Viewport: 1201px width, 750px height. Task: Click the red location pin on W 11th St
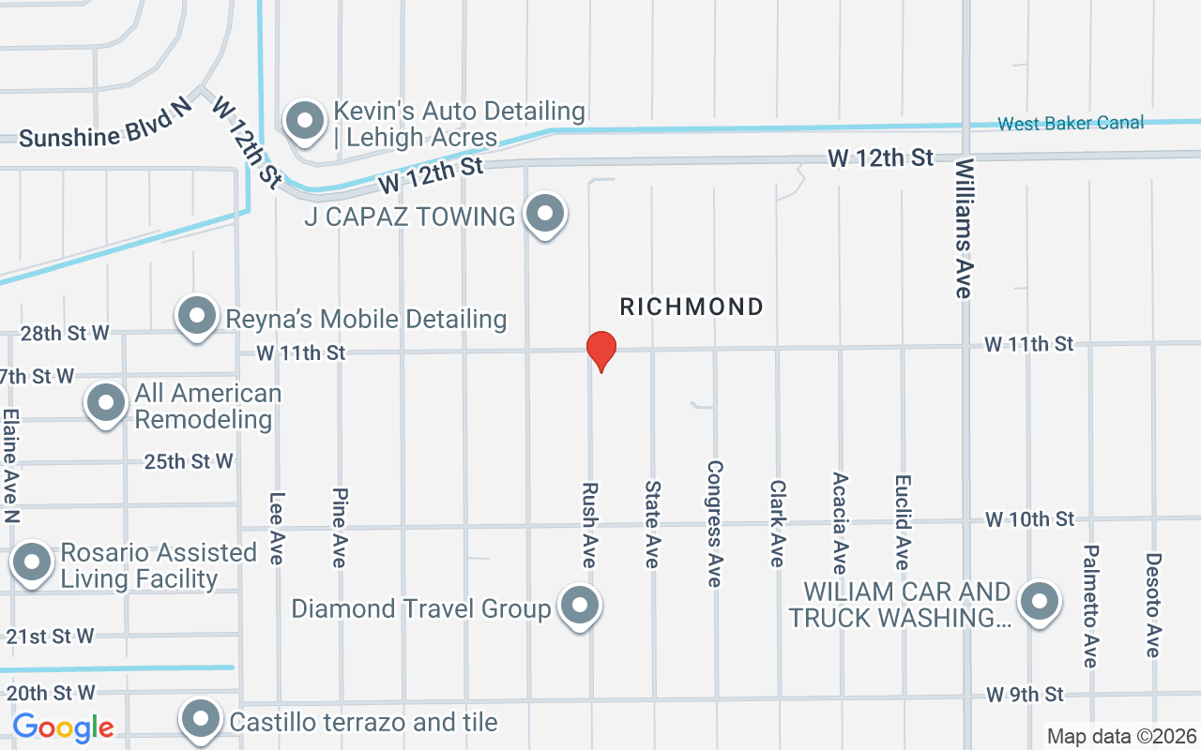pyautogui.click(x=600, y=351)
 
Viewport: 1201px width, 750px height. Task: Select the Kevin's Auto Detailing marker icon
pyautogui.click(x=304, y=122)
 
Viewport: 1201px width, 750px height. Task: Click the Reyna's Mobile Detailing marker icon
pyautogui.click(x=197, y=317)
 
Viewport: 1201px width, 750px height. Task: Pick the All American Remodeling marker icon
pyautogui.click(x=106, y=404)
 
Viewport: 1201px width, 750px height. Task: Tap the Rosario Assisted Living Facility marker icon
pyautogui.click(x=33, y=563)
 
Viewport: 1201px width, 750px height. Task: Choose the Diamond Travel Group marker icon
pyautogui.click(x=580, y=606)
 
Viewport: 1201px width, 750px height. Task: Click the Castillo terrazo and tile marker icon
pyautogui.click(x=200, y=720)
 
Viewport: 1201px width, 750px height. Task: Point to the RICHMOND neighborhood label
pyautogui.click(x=692, y=307)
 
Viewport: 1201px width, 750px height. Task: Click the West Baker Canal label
pyautogui.click(x=1071, y=124)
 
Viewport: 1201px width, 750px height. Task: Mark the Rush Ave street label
pyautogui.click(x=589, y=525)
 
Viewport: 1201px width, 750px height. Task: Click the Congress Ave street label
pyautogui.click(x=715, y=523)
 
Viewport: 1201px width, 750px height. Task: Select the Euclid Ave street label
pyautogui.click(x=903, y=521)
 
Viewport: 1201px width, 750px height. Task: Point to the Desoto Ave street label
pyautogui.click(x=1153, y=605)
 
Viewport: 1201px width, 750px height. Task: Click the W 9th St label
pyautogui.click(x=1025, y=695)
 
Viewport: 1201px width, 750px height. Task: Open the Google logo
pyautogui.click(x=64, y=727)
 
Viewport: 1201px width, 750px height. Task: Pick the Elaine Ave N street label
pyautogui.click(x=11, y=466)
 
